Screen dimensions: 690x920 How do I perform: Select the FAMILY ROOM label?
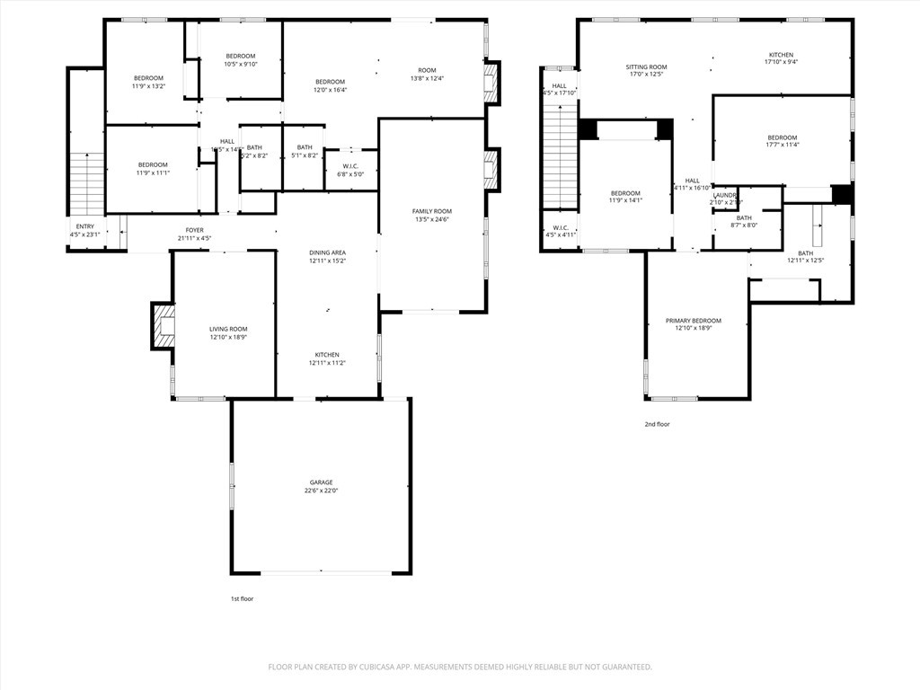432,211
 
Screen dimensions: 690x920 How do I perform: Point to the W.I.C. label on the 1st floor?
350,165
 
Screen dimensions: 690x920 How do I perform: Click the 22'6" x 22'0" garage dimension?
322,491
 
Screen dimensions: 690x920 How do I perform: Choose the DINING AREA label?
327,252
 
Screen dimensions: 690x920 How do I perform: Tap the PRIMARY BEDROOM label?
693,321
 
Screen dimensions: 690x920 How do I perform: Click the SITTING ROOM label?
646,66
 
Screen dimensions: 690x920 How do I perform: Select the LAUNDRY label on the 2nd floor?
725,195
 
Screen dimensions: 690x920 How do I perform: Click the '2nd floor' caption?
657,424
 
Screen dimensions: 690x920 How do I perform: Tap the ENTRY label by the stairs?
84,226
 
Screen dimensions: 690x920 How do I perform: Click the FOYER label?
195,230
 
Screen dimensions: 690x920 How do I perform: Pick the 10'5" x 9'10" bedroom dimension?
241,64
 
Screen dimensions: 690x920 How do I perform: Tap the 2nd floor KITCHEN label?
781,55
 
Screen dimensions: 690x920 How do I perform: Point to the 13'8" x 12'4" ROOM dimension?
427,78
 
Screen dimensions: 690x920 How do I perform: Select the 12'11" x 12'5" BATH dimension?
805,261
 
